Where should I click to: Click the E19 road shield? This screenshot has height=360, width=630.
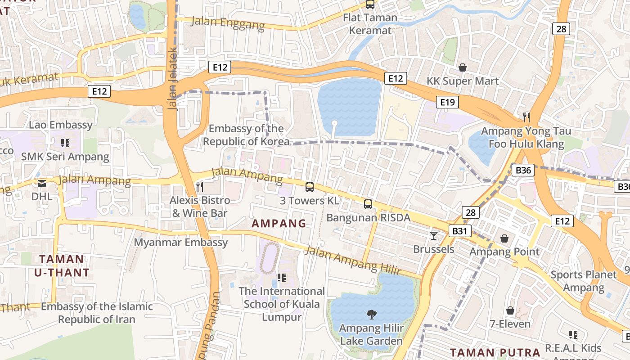click(x=447, y=102)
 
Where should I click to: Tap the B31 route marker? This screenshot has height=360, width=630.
click(x=459, y=231)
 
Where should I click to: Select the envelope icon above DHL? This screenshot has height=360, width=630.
click(x=42, y=183)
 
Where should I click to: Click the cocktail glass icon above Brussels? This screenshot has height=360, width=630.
click(x=434, y=235)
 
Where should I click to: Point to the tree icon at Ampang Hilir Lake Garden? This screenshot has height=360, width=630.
click(x=371, y=314)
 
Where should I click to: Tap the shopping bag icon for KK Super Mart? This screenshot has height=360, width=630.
click(x=462, y=67)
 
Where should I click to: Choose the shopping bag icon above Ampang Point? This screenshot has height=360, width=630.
click(x=504, y=238)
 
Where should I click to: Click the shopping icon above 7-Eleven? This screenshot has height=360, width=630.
click(x=510, y=310)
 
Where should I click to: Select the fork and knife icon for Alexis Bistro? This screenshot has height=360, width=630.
click(x=200, y=186)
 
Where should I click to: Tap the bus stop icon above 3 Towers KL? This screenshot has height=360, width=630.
click(x=309, y=187)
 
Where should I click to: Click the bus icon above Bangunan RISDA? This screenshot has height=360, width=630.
click(x=368, y=204)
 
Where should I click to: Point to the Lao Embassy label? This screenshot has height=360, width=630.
click(x=61, y=125)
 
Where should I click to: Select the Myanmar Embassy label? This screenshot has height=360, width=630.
click(x=181, y=243)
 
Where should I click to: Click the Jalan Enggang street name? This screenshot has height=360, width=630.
click(x=228, y=22)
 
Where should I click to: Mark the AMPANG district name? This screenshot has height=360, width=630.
click(x=279, y=223)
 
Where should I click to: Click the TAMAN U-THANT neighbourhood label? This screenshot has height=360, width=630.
click(x=62, y=265)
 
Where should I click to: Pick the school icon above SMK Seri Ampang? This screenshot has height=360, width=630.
click(x=65, y=143)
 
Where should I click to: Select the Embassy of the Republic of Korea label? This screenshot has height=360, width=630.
click(x=246, y=135)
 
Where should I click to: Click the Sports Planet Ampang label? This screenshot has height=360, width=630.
click(x=584, y=281)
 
